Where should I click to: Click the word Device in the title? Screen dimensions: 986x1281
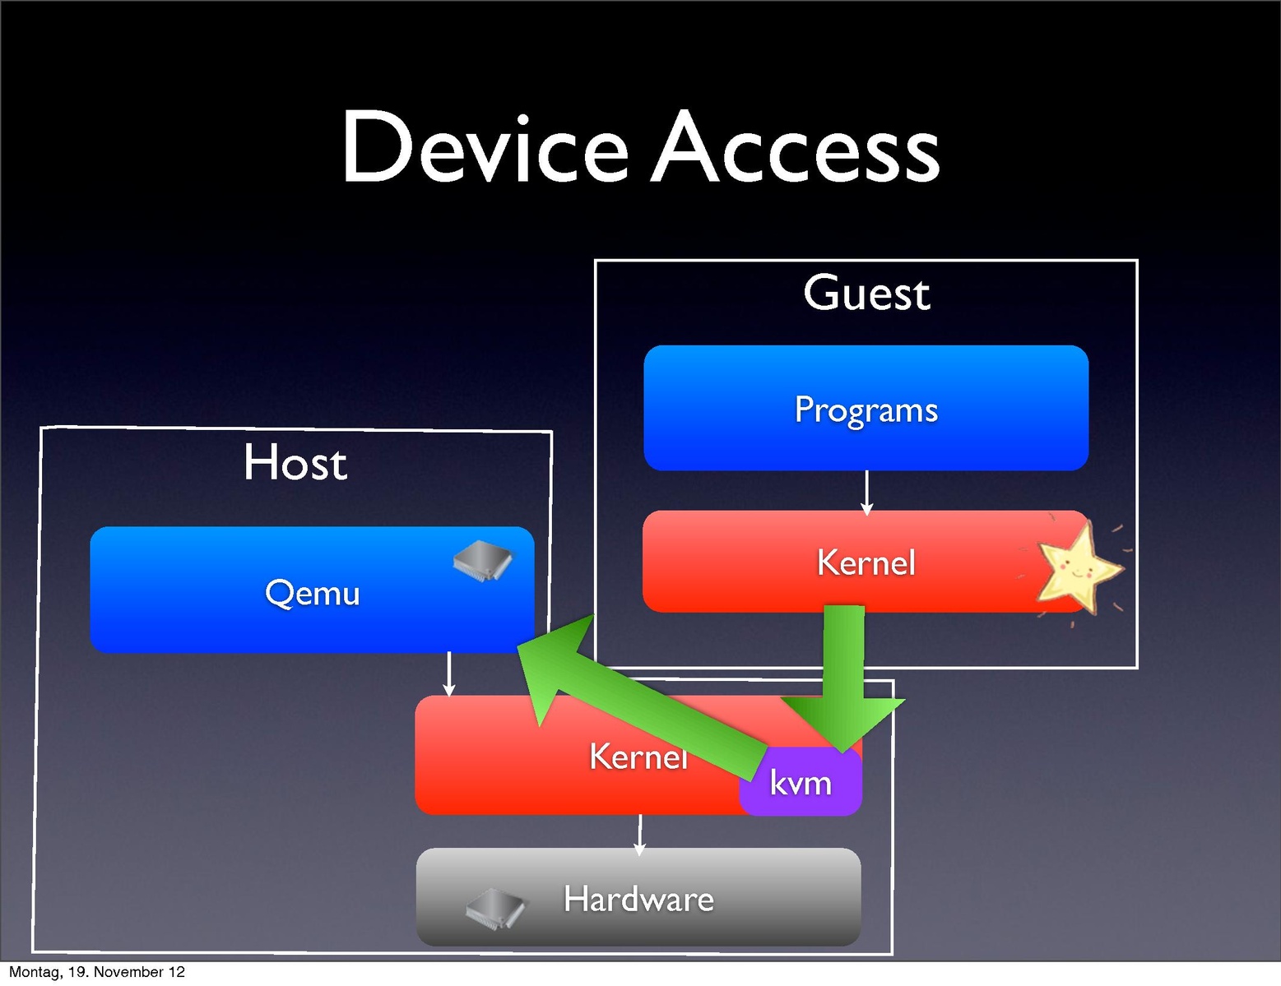(x=485, y=148)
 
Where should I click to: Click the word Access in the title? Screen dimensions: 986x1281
(x=796, y=148)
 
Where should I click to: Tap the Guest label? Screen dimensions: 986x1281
(x=866, y=294)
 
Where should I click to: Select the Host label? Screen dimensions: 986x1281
(x=295, y=463)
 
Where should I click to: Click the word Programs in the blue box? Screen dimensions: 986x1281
(x=866, y=410)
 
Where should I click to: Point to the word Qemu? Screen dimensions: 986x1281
(x=312, y=593)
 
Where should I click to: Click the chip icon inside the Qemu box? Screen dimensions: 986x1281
(x=483, y=561)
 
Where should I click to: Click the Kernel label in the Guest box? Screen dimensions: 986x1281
(x=866, y=563)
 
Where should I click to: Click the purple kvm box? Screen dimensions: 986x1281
(x=801, y=784)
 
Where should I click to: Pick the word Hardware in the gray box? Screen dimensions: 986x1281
(x=638, y=899)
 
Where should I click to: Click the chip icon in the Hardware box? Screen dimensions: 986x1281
(x=495, y=909)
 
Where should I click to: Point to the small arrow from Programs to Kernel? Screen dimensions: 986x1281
(x=866, y=493)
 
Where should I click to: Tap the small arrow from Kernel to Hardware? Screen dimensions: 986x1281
(x=639, y=833)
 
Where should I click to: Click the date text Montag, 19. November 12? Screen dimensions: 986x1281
(x=96, y=972)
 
